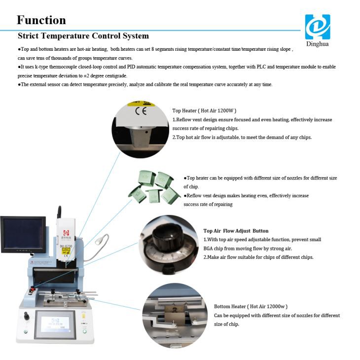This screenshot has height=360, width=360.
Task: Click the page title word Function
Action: [41, 20]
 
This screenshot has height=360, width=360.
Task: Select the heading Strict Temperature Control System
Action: [83, 36]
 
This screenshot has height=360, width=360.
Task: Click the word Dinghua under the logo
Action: [317, 44]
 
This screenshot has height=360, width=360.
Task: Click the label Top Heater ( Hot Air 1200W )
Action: [204, 111]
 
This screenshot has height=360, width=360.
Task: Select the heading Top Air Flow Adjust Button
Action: [236, 231]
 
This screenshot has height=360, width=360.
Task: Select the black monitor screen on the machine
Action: [22, 235]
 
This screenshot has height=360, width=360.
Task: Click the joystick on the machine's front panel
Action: [28, 314]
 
